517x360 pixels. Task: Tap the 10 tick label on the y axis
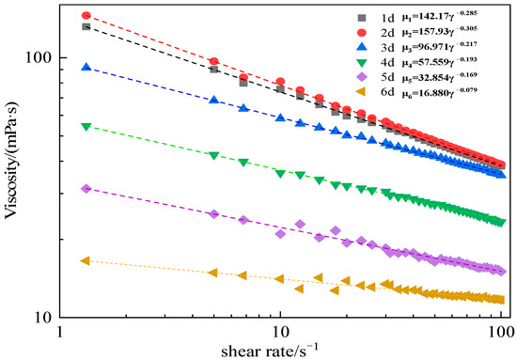[x=41, y=318]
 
